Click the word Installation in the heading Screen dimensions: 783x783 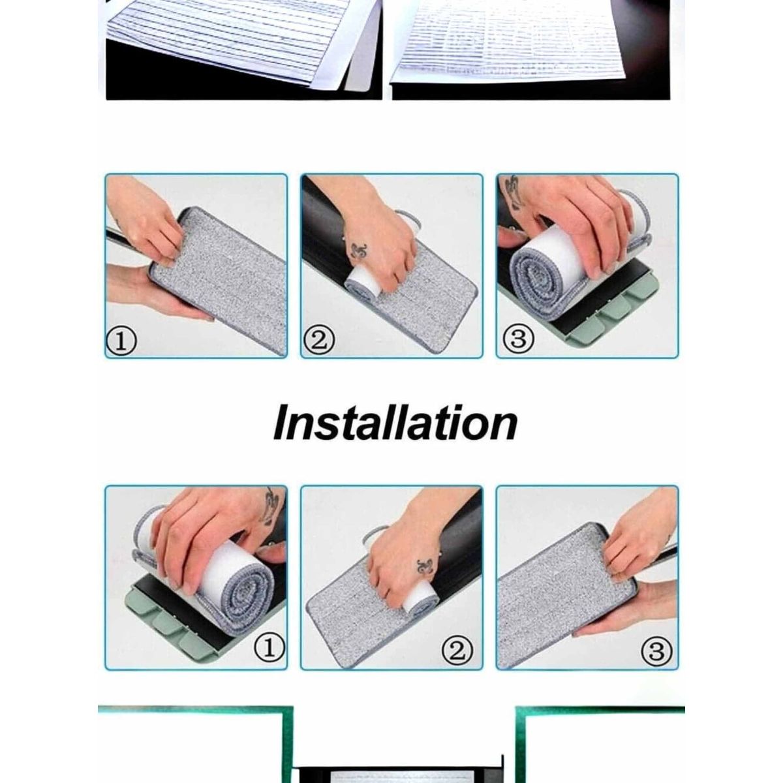coord(395,424)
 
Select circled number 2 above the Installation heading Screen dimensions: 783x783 coord(318,340)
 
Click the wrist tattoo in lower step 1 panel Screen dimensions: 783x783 coord(272,501)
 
